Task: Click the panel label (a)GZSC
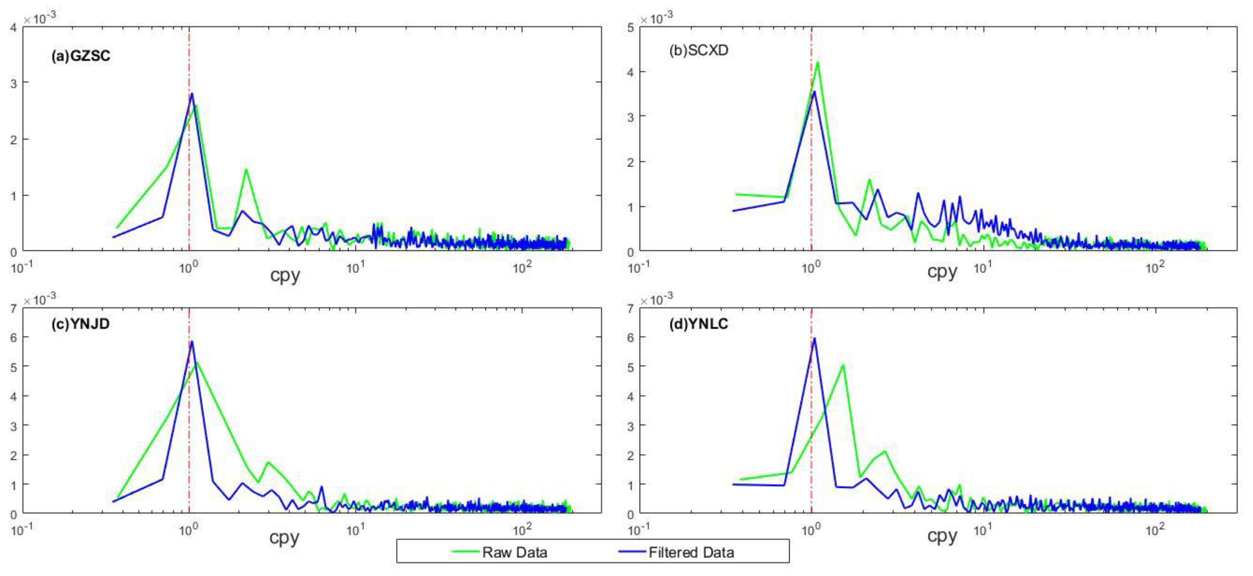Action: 81,56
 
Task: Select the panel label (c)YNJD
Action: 80,324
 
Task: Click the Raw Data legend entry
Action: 514,552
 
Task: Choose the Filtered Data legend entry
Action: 691,552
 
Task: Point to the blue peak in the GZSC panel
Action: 192,94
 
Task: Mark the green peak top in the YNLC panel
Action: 843,365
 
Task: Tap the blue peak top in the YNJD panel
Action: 192,341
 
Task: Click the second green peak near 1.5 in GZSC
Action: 246,169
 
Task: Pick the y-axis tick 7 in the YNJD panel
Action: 14,308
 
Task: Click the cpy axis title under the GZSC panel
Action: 285,275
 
